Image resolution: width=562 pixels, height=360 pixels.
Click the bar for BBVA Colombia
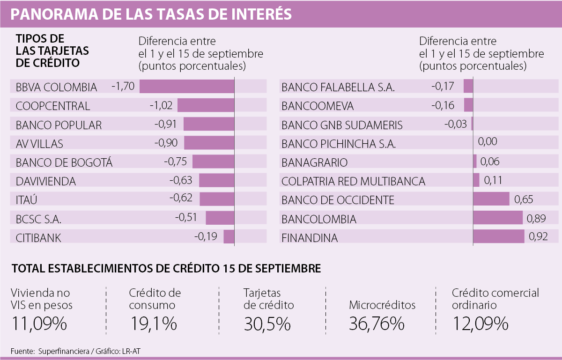pyautogui.click(x=187, y=86)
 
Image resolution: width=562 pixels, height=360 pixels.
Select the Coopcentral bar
pyautogui.click(x=206, y=105)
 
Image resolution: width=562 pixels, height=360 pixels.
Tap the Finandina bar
pyautogui.click(x=499, y=236)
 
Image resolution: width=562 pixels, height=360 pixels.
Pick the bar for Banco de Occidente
pyautogui.click(x=491, y=199)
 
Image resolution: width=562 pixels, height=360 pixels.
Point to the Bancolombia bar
pyautogui.click(x=498, y=218)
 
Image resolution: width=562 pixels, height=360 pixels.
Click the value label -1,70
pyautogui.click(x=123, y=86)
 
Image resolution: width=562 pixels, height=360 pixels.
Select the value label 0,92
pyautogui.click(x=538, y=236)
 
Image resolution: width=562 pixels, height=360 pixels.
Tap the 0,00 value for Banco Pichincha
pyautogui.click(x=488, y=142)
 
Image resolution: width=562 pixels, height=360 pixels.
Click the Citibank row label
pyautogui.click(x=38, y=237)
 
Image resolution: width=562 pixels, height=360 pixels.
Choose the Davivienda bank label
pyautogui.click(x=46, y=181)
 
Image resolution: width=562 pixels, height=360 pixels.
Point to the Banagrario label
pyautogui.click(x=315, y=162)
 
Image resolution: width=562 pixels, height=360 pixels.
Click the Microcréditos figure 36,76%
pyautogui.click(x=377, y=323)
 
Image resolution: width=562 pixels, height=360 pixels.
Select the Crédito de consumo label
pyautogui.click(x=155, y=299)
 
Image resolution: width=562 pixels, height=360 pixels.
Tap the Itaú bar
pyautogui.click(x=217, y=199)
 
